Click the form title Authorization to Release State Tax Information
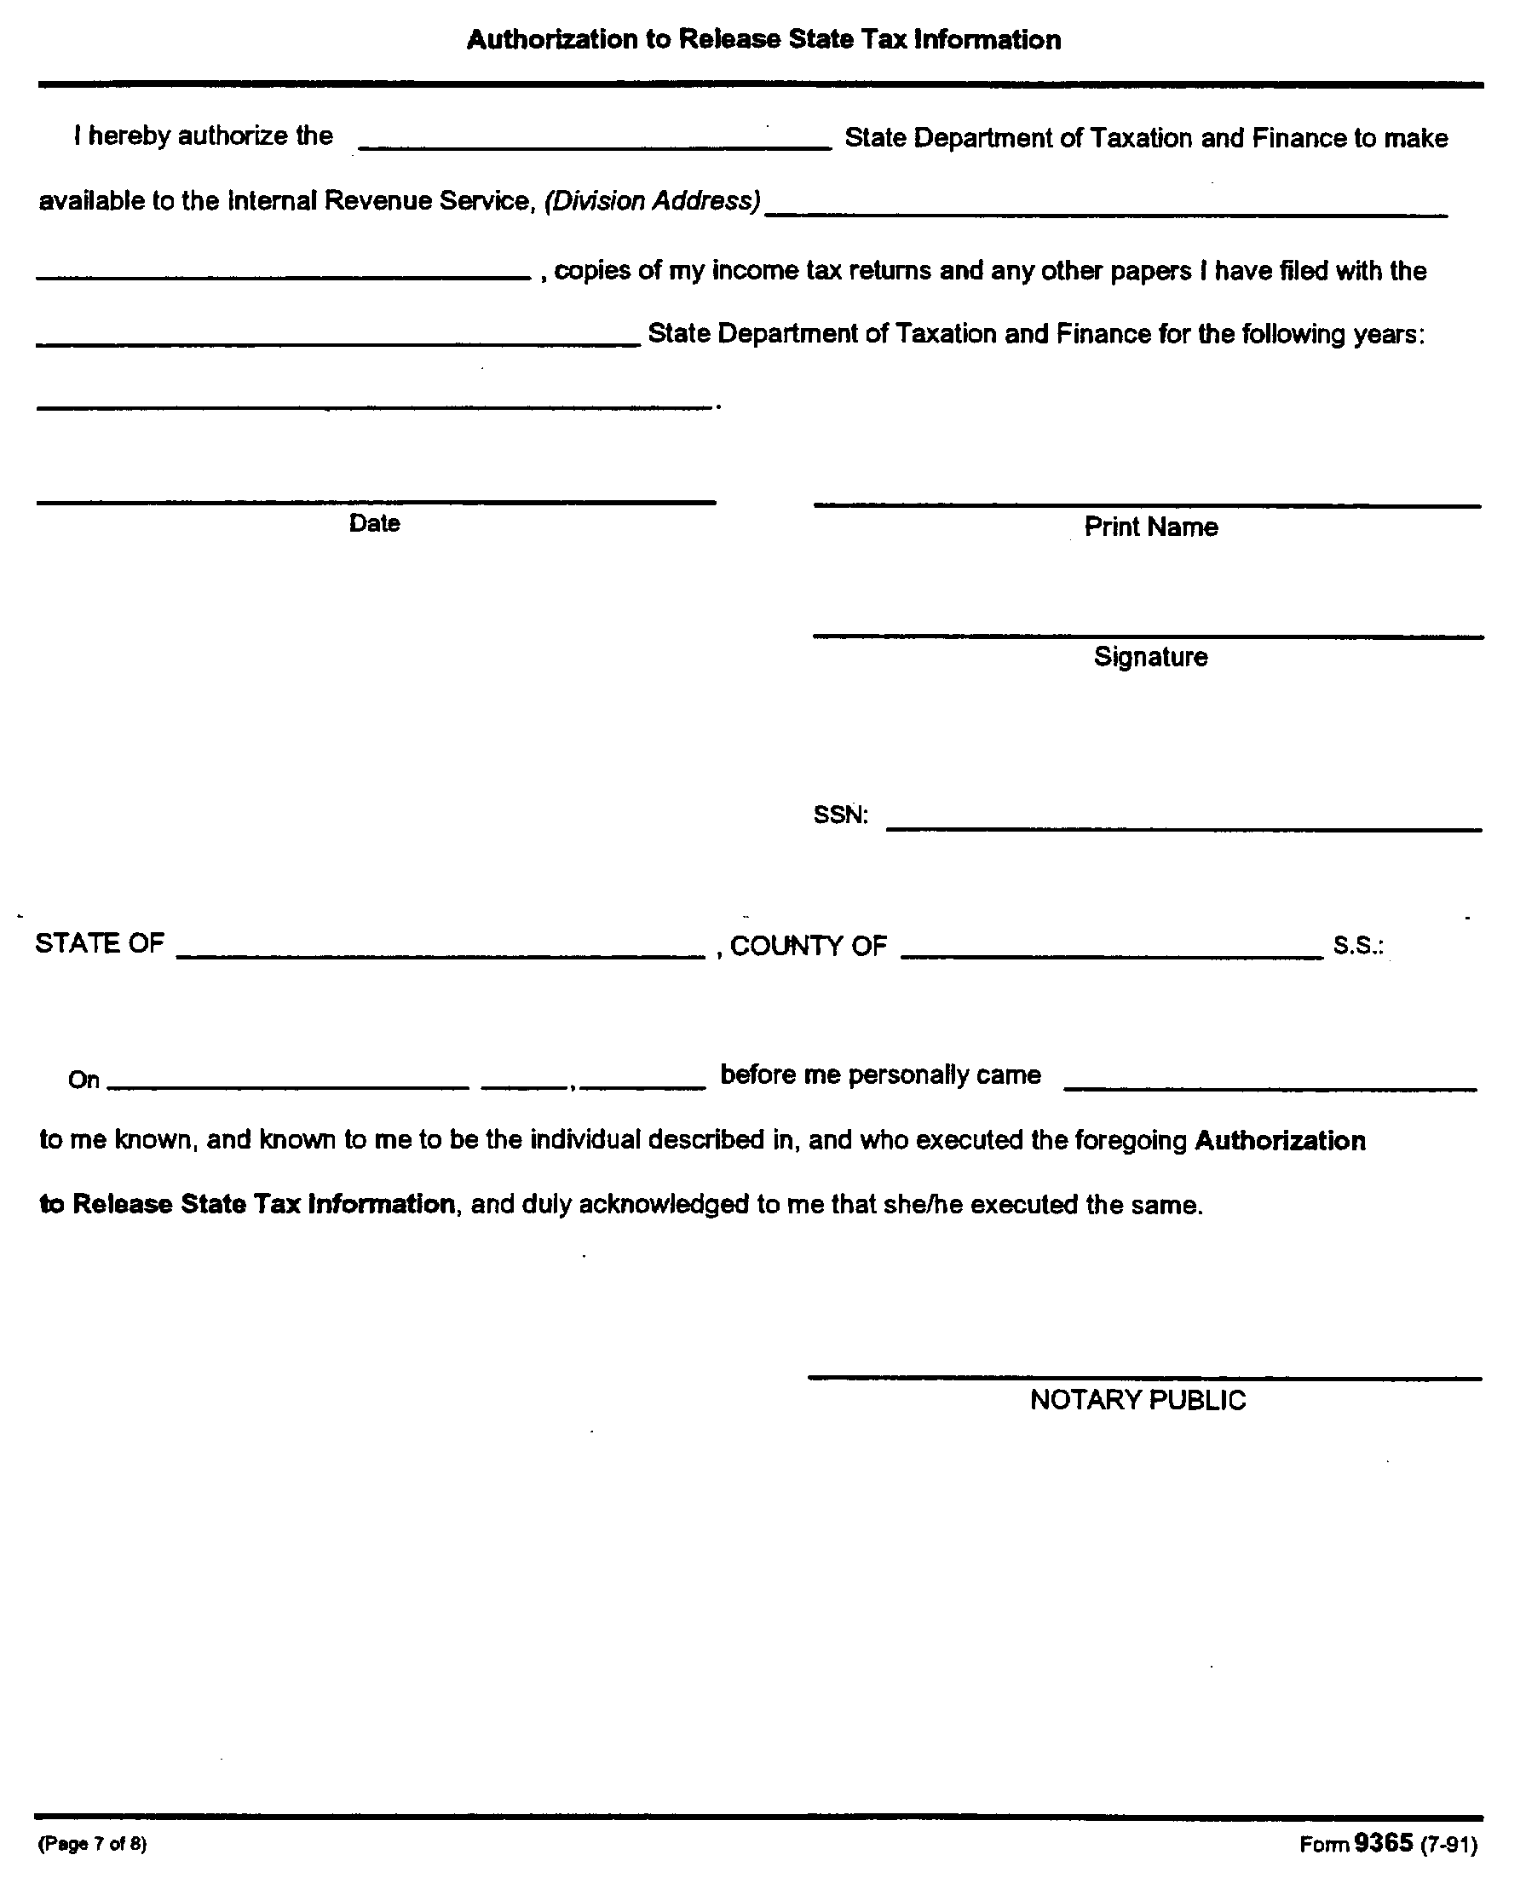tap(763, 40)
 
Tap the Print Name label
tap(1150, 527)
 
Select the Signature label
tap(1150, 657)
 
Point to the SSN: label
tap(840, 815)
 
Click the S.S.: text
tap(1357, 946)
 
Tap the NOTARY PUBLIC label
tap(1137, 1400)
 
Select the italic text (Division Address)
tap(653, 202)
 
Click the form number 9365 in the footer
tap(1383, 1842)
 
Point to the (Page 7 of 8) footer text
tap(92, 1844)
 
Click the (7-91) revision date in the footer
tap(1448, 1845)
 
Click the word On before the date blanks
tap(83, 1080)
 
